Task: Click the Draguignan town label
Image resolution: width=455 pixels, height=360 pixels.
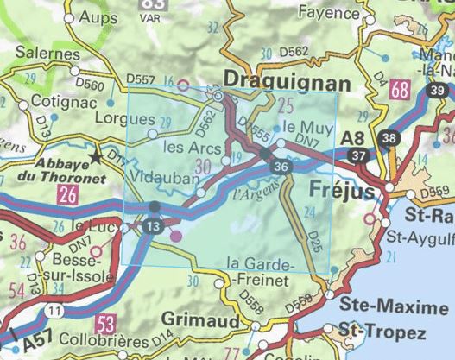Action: click(288, 82)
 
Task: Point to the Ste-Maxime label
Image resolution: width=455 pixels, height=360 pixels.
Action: click(381, 304)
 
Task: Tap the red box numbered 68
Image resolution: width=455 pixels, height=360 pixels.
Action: click(398, 90)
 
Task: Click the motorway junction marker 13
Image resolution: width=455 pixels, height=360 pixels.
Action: click(153, 226)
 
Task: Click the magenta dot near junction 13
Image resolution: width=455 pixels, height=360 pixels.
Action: click(176, 235)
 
